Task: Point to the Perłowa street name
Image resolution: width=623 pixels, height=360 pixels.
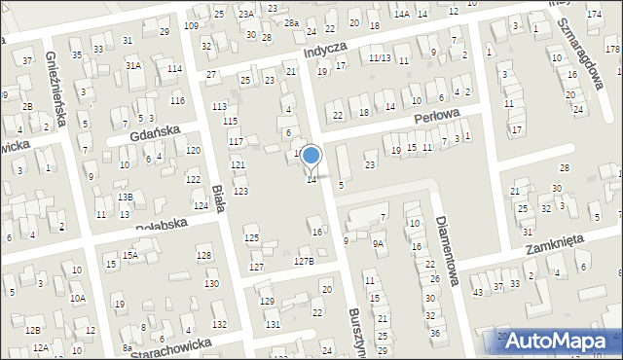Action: [x=427, y=115]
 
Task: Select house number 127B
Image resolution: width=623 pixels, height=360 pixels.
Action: [x=305, y=261]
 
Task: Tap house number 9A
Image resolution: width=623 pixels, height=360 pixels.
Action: [x=378, y=244]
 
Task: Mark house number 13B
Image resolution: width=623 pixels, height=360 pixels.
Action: [x=126, y=197]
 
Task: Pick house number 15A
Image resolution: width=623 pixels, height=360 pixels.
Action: [x=129, y=255]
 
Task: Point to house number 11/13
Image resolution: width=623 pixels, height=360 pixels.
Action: [x=380, y=58]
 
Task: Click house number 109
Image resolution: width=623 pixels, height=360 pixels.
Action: [x=191, y=25]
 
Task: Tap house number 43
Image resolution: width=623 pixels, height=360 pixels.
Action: [x=477, y=292]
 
